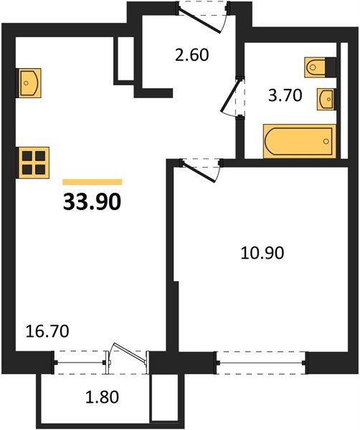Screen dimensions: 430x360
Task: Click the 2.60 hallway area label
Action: click(x=191, y=54)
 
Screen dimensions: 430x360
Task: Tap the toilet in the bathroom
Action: click(x=319, y=67)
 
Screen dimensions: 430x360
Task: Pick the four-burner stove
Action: click(x=34, y=162)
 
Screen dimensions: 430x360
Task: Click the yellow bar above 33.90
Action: click(x=93, y=183)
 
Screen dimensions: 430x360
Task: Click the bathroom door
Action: click(x=231, y=99)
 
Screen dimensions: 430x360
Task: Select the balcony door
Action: click(x=128, y=356)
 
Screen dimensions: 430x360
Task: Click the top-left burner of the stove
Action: click(x=29, y=156)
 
